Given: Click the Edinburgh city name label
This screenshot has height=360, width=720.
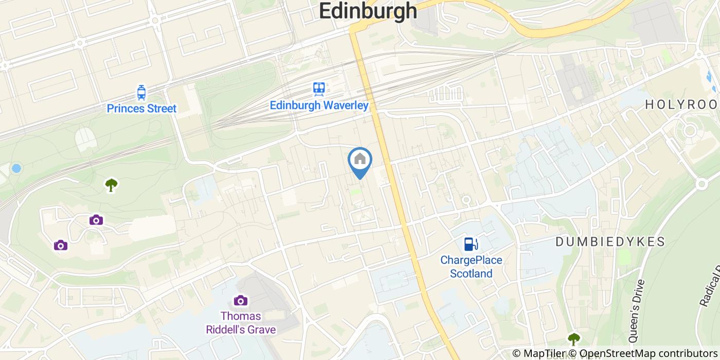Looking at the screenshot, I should tap(368, 10).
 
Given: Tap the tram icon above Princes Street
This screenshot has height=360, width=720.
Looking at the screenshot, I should tap(141, 93).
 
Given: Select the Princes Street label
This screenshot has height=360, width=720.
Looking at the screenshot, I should tap(141, 109).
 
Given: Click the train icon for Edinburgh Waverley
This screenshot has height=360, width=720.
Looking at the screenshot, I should tap(319, 89).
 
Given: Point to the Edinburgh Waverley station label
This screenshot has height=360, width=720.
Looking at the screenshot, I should tap(319, 105).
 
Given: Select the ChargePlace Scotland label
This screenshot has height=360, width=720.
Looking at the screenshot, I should tap(471, 266).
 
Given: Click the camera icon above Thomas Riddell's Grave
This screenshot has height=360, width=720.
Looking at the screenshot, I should tap(240, 300).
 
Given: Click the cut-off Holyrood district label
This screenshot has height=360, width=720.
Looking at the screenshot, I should tap(682, 104).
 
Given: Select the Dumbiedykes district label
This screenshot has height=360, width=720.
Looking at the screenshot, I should tap(610, 242).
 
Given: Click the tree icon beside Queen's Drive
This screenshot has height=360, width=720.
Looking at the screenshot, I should tap(573, 338).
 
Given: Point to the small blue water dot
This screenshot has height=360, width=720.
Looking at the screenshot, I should tap(16, 168).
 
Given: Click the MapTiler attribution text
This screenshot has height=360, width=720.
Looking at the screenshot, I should tap(540, 353).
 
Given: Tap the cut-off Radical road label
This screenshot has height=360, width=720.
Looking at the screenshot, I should tap(710, 288).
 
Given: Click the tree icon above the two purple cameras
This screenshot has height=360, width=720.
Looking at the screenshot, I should tap(111, 184).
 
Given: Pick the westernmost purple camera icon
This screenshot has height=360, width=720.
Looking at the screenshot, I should tap(61, 245).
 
